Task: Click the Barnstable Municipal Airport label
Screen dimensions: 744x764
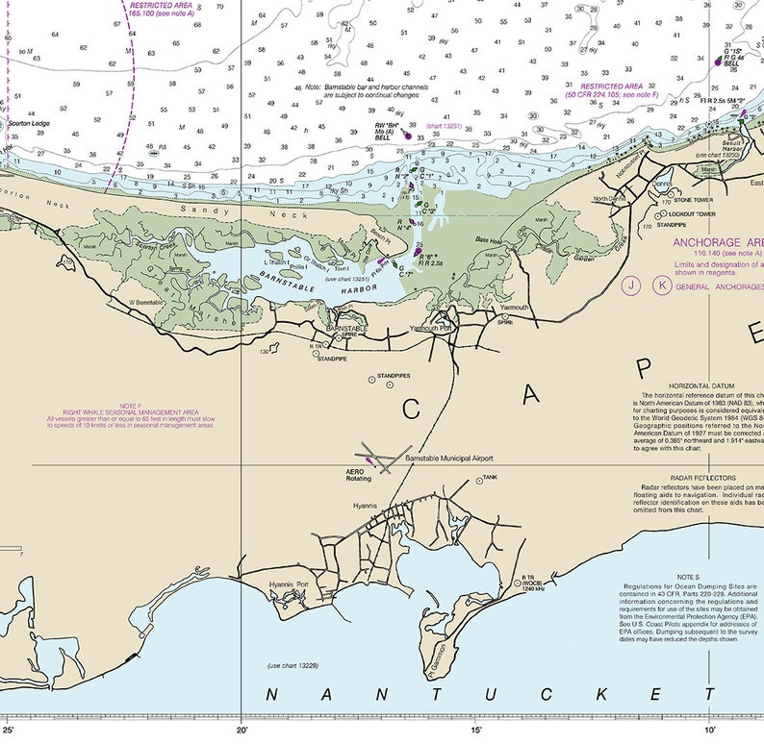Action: coord(448,459)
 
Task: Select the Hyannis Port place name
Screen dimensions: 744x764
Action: coord(289,583)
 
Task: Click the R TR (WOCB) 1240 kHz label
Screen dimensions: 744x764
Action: coord(535,583)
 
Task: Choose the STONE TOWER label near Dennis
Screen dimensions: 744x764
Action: coord(694,200)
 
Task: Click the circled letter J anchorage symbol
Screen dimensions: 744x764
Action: coord(631,285)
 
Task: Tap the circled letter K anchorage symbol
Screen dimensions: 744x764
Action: coord(661,285)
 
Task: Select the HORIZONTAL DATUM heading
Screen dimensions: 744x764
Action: coord(705,384)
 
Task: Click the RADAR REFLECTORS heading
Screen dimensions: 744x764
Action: coord(705,478)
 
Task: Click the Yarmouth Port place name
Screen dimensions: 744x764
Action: coord(430,328)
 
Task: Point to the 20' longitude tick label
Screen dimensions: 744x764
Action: coord(242,732)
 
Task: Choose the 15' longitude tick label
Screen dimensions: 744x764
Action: coord(476,732)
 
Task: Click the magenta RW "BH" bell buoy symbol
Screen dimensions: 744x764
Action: coord(408,136)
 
